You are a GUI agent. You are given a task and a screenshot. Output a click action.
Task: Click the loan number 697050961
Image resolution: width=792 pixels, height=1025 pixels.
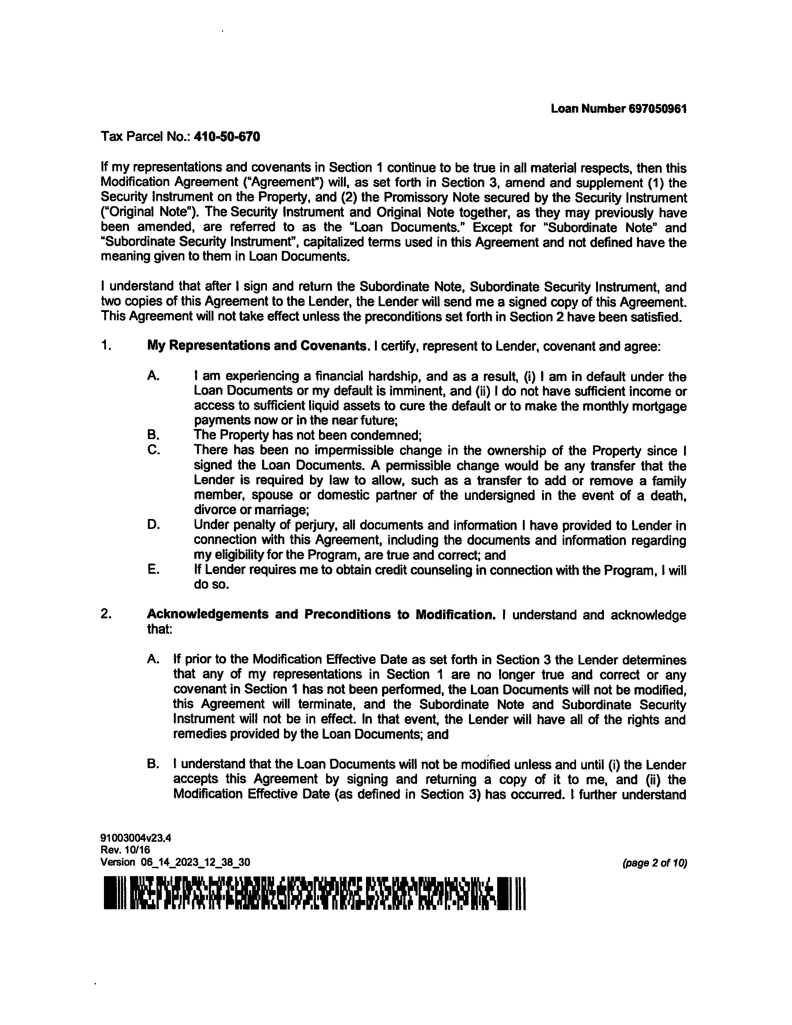(x=657, y=109)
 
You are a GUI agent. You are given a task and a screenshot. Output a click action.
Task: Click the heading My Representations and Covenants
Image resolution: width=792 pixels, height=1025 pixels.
(x=257, y=346)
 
